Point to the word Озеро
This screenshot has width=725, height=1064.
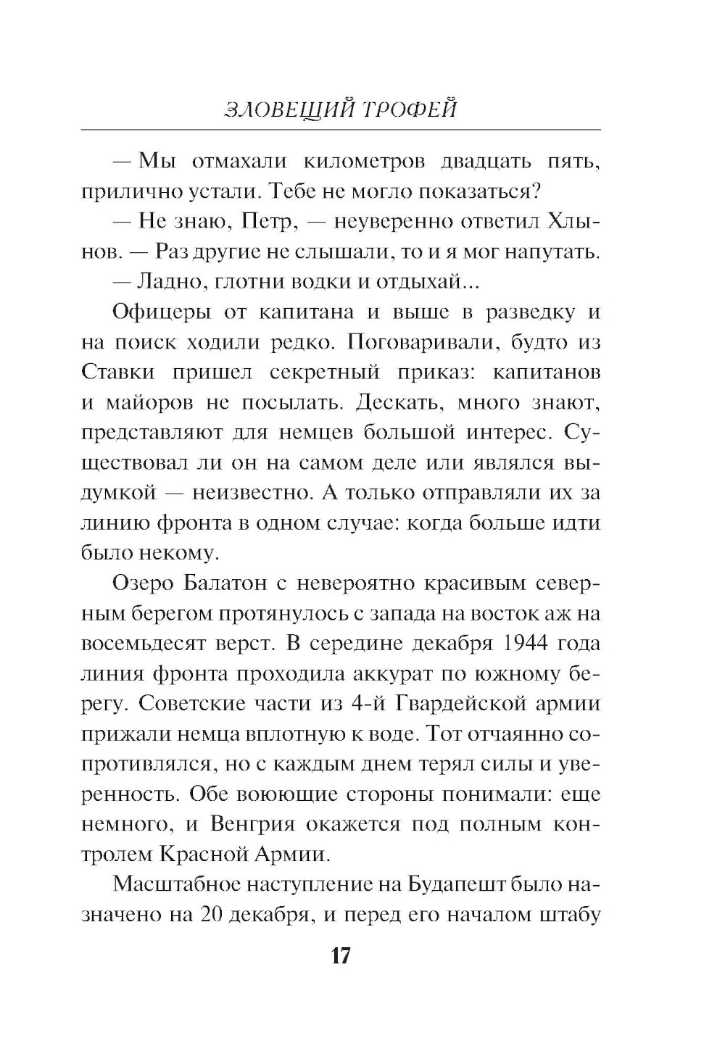[144, 583]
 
